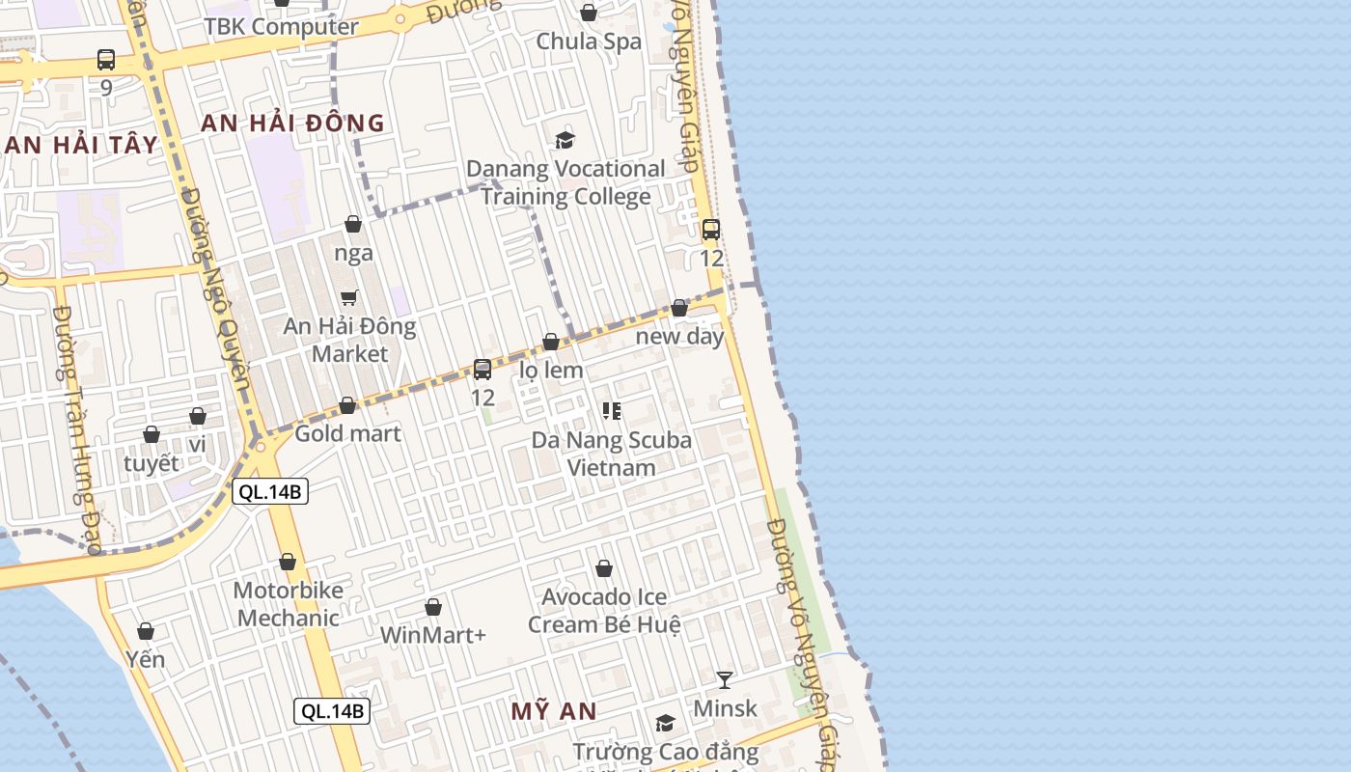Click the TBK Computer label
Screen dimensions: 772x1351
point(281,27)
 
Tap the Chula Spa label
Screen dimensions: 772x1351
point(589,41)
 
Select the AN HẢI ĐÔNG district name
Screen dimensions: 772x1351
point(292,123)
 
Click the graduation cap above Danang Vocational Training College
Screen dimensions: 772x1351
point(565,141)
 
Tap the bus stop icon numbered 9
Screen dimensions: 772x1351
point(106,60)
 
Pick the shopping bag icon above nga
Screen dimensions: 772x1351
point(353,224)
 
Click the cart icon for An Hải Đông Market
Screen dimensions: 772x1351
point(349,297)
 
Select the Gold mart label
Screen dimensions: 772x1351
point(347,433)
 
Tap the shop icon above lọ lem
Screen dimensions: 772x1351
point(551,342)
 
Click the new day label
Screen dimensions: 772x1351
point(679,337)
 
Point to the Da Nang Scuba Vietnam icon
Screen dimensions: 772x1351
point(611,411)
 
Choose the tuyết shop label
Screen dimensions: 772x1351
point(152,463)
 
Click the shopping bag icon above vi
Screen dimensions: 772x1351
point(198,416)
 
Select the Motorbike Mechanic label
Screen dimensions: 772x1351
point(288,604)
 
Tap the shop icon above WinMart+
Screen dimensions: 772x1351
point(433,607)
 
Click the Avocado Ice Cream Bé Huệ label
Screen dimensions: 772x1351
point(604,611)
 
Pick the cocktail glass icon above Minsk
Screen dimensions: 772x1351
point(725,679)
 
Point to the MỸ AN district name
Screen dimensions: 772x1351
point(553,711)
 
